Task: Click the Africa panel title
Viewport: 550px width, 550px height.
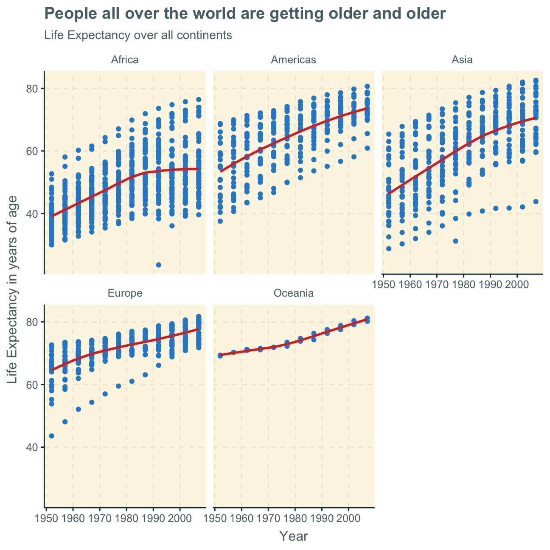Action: (125, 60)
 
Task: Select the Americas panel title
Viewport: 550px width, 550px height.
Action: (293, 60)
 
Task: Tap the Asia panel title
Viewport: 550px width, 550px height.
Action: (462, 60)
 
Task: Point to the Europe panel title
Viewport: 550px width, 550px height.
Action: (125, 293)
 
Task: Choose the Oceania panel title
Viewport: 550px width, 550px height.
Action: (293, 293)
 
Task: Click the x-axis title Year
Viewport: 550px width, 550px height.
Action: (294, 536)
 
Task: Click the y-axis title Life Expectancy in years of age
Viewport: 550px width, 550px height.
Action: (13, 289)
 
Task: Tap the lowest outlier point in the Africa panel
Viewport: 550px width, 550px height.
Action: (159, 265)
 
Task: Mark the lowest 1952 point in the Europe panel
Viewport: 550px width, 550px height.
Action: (51, 436)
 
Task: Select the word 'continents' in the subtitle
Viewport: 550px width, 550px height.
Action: (208, 35)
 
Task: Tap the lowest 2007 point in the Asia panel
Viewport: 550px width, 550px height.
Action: (536, 202)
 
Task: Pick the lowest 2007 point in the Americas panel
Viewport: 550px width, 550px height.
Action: (367, 148)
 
